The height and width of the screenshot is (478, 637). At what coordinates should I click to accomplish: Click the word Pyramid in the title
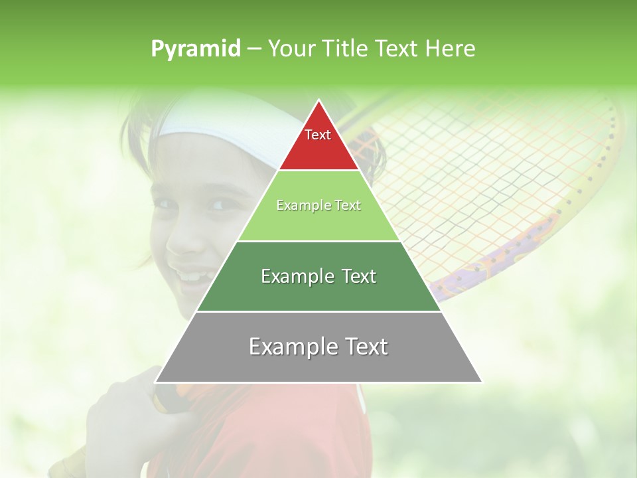click(196, 49)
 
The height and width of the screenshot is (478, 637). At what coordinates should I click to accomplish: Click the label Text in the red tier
click(318, 135)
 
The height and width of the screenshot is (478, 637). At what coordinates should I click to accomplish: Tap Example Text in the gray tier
click(318, 347)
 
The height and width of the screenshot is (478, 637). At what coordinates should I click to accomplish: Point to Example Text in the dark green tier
click(318, 276)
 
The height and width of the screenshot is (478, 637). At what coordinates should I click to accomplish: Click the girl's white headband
click(219, 126)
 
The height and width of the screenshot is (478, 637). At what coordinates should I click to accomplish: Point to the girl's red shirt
click(279, 432)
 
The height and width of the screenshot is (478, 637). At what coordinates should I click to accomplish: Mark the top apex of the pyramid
click(318, 101)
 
